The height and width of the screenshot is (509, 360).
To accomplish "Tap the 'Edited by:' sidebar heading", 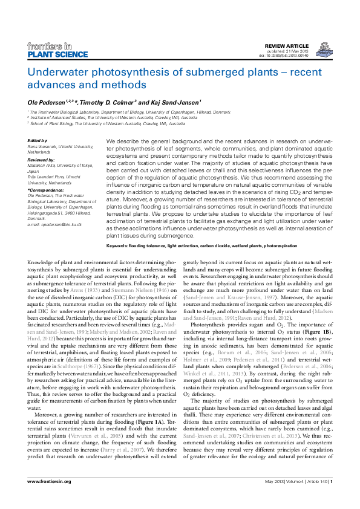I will tap(38, 140).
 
